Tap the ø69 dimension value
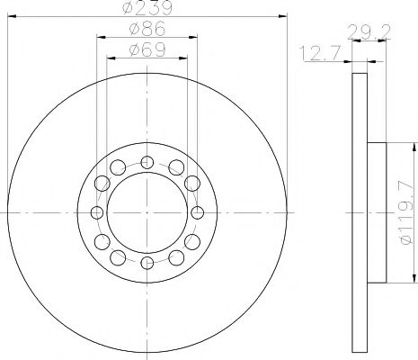point(147,50)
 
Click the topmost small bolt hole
point(147,163)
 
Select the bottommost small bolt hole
point(147,263)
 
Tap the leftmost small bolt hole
point(97,213)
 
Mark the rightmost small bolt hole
point(197,213)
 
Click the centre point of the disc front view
point(147,213)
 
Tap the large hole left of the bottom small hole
point(119,256)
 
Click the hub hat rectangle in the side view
point(376,212)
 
